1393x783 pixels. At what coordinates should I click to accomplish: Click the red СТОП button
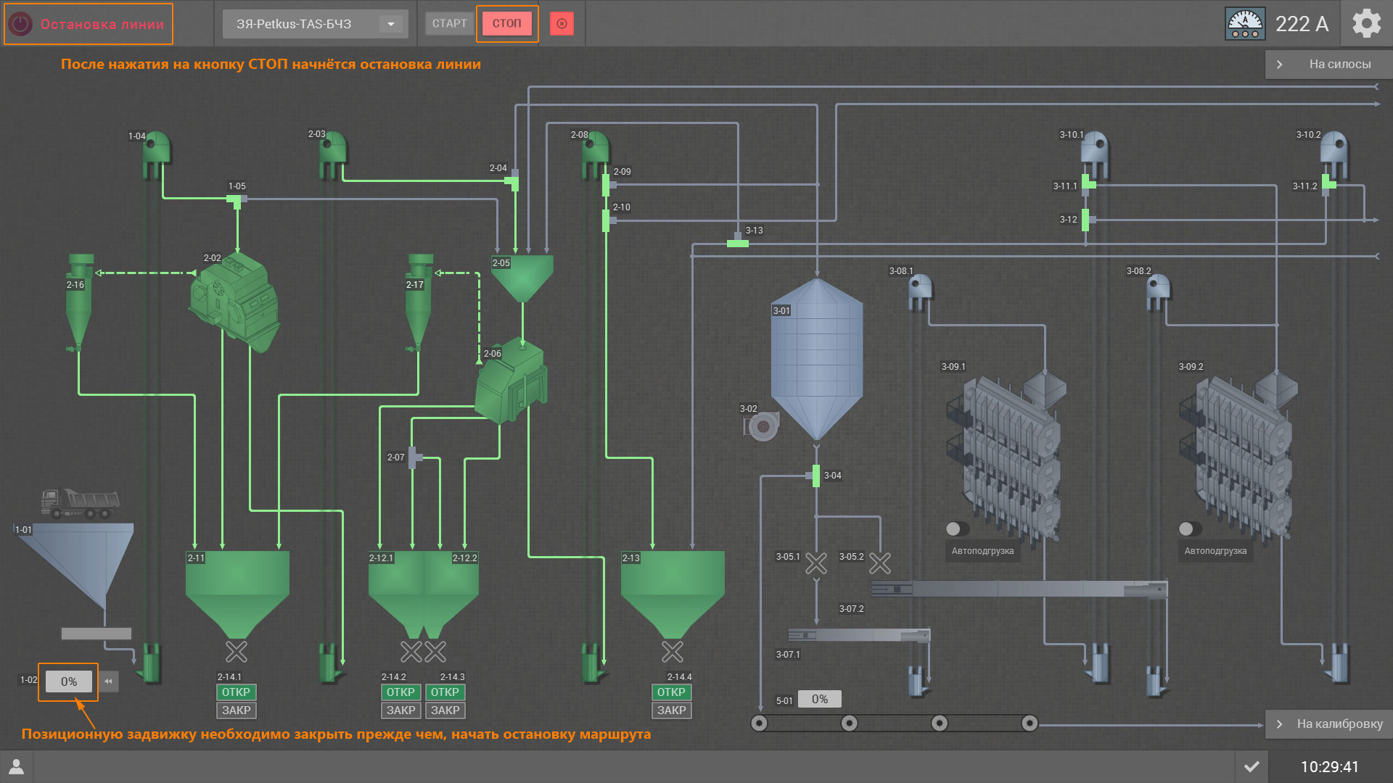point(506,24)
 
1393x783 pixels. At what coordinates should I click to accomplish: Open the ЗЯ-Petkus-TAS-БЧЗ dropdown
point(315,24)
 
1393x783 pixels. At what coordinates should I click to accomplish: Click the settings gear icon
point(1366,24)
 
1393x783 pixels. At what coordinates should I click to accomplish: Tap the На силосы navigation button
point(1329,65)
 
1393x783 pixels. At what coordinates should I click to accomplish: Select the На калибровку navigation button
point(1329,724)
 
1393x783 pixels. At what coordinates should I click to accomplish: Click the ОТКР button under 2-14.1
point(236,692)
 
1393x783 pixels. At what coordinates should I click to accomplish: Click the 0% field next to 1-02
point(69,681)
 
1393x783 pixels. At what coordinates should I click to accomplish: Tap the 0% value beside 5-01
point(819,699)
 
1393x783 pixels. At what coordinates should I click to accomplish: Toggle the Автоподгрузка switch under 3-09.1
point(957,529)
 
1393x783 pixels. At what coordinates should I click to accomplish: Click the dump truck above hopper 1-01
point(80,502)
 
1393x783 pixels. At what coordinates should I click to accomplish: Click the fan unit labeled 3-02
point(762,426)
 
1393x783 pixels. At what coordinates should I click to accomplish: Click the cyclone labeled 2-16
point(78,301)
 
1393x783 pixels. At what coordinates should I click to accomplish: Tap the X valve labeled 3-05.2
point(880,563)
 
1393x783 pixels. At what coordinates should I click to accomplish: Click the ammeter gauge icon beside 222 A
point(1245,24)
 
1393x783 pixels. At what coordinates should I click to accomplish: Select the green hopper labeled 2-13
point(673,591)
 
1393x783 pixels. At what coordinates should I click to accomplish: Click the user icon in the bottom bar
point(16,766)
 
